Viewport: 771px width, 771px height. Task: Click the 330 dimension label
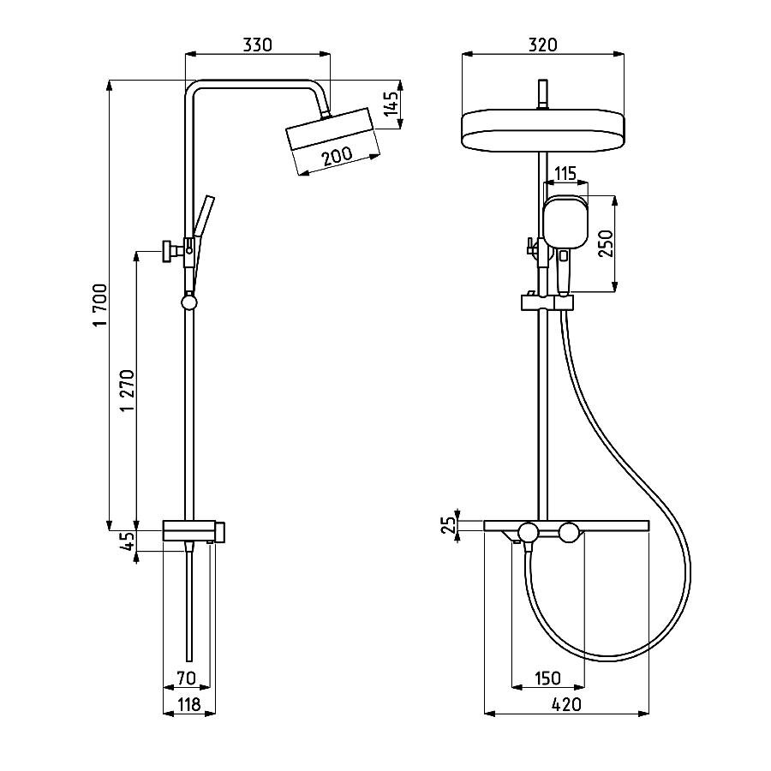pos(257,45)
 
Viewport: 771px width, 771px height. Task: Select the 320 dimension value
pos(543,45)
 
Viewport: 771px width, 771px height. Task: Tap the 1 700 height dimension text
pos(99,305)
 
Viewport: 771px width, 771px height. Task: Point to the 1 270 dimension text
pos(128,391)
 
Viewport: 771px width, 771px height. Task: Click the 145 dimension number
pos(391,104)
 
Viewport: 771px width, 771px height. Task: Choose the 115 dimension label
pos(565,173)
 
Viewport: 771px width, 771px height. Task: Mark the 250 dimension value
pos(606,243)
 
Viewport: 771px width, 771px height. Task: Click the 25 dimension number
pos(448,524)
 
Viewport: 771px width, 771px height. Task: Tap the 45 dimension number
pos(128,541)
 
